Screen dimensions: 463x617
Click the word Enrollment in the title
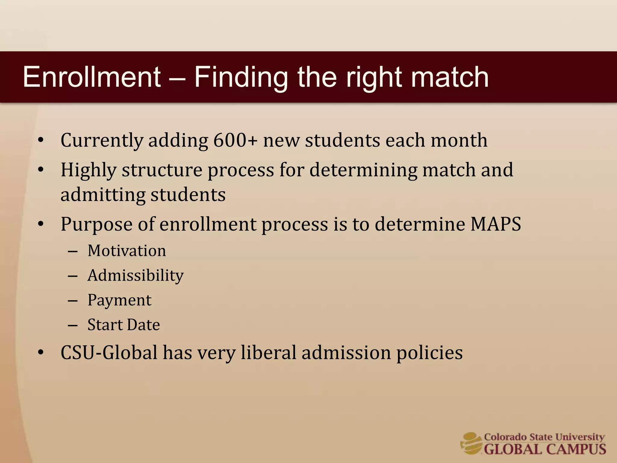[92, 77]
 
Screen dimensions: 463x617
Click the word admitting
[103, 195]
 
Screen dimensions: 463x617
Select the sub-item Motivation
[127, 251]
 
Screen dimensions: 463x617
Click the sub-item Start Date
[124, 325]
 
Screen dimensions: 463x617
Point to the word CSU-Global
[109, 353]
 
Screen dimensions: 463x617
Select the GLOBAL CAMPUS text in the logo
[545, 449]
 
